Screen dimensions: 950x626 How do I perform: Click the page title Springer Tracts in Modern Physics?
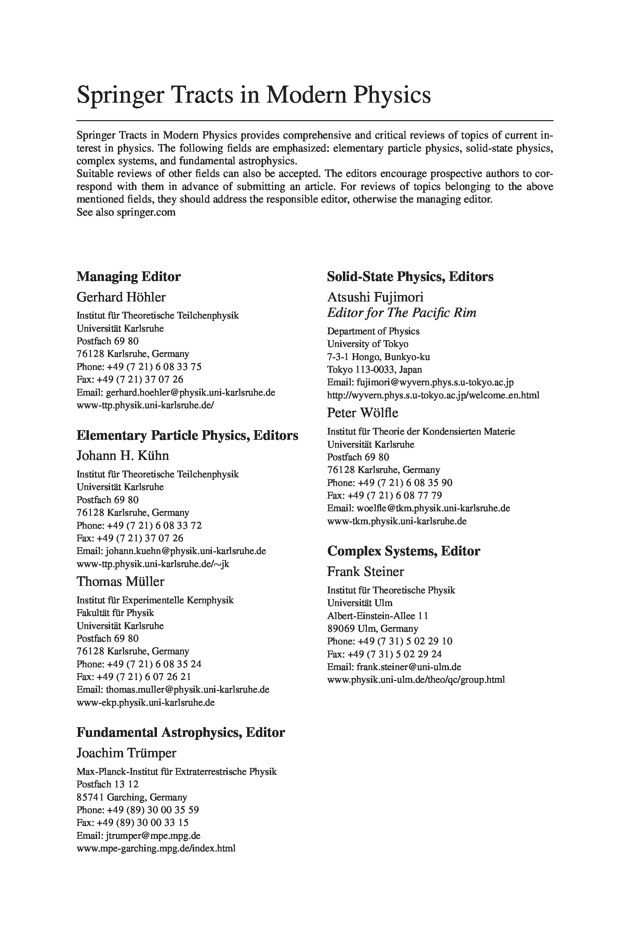coord(254,95)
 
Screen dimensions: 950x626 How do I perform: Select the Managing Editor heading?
coord(128,277)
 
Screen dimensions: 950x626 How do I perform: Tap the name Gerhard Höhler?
coord(121,297)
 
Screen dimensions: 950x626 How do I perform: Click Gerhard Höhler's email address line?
coord(176,392)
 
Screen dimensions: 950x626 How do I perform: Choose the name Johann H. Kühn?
coord(122,455)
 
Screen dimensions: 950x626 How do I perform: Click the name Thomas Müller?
coord(120,581)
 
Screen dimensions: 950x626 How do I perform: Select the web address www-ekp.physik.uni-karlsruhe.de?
coord(145,702)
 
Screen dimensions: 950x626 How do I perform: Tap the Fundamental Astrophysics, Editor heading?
coord(181,732)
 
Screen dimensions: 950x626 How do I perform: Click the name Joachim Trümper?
coord(126,753)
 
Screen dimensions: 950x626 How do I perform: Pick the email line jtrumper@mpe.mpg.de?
coord(138,835)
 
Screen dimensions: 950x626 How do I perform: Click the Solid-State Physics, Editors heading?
coord(410,277)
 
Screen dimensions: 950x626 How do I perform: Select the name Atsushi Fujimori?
coord(375,297)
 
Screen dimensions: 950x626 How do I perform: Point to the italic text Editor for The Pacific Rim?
coord(402,312)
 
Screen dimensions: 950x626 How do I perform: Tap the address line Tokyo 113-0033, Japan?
coord(374,370)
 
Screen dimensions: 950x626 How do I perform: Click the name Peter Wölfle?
coord(362,413)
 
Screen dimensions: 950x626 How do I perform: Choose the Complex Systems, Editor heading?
coord(403,551)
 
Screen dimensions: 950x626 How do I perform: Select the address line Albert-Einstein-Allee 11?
coord(377,616)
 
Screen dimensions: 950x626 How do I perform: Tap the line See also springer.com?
coord(126,212)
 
